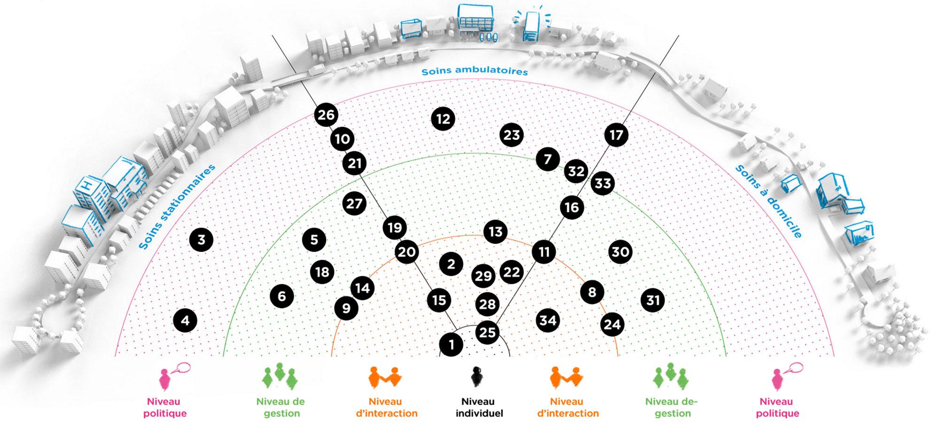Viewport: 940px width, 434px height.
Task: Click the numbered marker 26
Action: pos(326,115)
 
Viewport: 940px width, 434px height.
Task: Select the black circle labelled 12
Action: pos(443,119)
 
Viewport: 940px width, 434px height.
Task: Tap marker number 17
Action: pos(616,135)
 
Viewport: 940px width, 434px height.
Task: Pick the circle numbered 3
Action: pos(201,240)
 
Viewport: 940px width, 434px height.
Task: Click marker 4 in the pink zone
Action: pos(185,321)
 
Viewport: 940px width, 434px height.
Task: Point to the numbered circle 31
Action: pos(653,300)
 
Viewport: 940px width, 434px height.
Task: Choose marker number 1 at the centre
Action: pos(451,345)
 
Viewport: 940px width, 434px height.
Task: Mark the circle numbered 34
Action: pos(548,321)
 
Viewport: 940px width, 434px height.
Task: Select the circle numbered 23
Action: pos(511,135)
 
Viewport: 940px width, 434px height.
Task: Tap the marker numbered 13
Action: pos(495,231)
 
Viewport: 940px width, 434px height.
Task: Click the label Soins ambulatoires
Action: pos(474,71)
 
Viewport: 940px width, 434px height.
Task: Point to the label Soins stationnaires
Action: pos(177,207)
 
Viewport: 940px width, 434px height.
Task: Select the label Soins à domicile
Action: pos(768,201)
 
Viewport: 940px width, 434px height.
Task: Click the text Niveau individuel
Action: pos(479,408)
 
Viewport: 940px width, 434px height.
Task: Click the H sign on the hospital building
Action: pos(86,185)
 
